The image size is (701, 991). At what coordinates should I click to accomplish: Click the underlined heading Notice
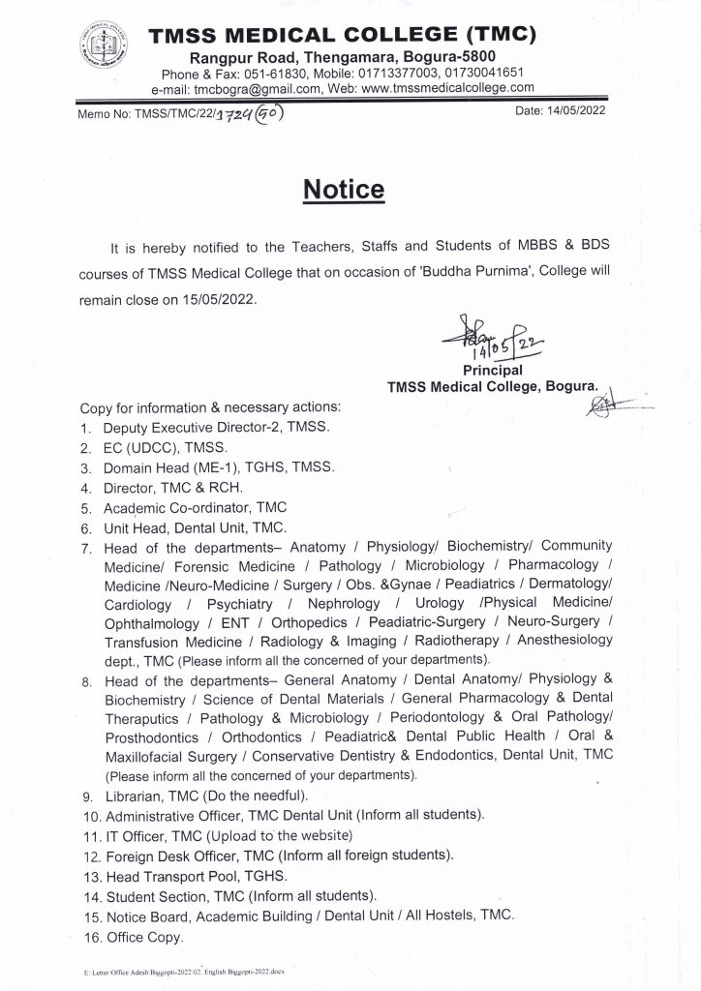pyautogui.click(x=344, y=189)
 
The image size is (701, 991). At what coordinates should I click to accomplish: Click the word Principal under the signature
pyautogui.click(x=492, y=370)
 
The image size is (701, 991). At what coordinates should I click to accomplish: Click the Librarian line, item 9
pyautogui.click(x=205, y=796)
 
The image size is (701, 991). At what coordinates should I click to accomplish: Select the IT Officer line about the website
pyautogui.click(x=229, y=835)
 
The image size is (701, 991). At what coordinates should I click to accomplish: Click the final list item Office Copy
pyautogui.click(x=142, y=938)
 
